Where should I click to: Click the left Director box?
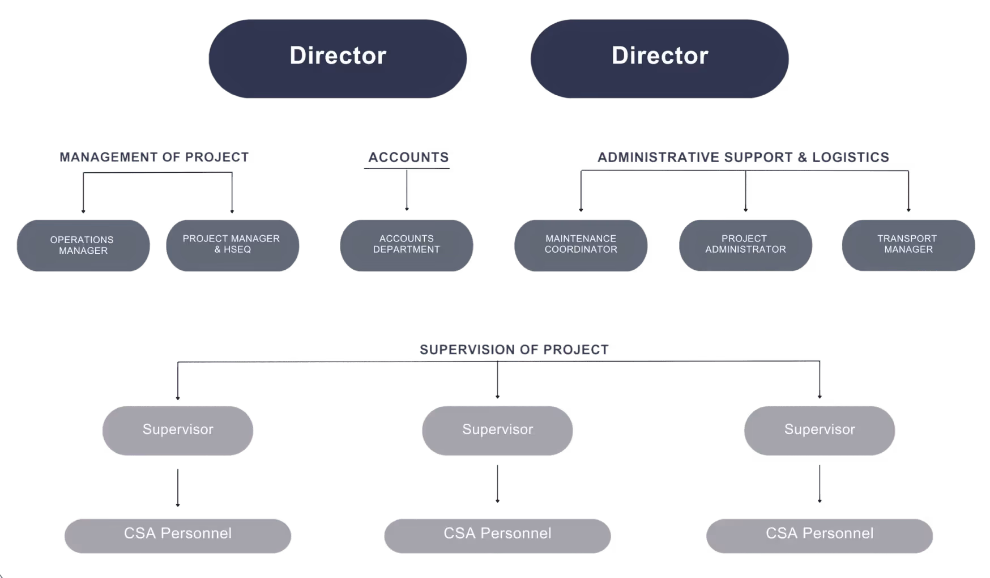tap(338, 58)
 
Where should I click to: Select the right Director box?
tap(659, 58)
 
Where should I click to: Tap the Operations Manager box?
tap(83, 245)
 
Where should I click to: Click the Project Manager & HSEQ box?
tap(232, 245)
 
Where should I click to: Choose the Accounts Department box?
tap(406, 245)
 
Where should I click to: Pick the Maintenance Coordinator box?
tap(581, 245)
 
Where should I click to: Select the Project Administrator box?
tap(745, 245)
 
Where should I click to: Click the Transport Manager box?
tap(908, 245)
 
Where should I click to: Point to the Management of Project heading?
tap(154, 157)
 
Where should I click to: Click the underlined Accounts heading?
tap(408, 157)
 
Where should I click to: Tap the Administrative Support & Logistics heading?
tap(743, 157)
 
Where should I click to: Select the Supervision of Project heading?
tap(514, 350)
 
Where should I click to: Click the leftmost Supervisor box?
tap(178, 430)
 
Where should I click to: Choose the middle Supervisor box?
tap(497, 430)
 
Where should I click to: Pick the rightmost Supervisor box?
tap(819, 430)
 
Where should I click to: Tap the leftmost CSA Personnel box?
tap(178, 535)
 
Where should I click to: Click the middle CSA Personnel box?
tap(497, 535)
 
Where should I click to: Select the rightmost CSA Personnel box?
tap(819, 535)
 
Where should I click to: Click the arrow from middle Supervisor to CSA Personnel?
tap(497, 484)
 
